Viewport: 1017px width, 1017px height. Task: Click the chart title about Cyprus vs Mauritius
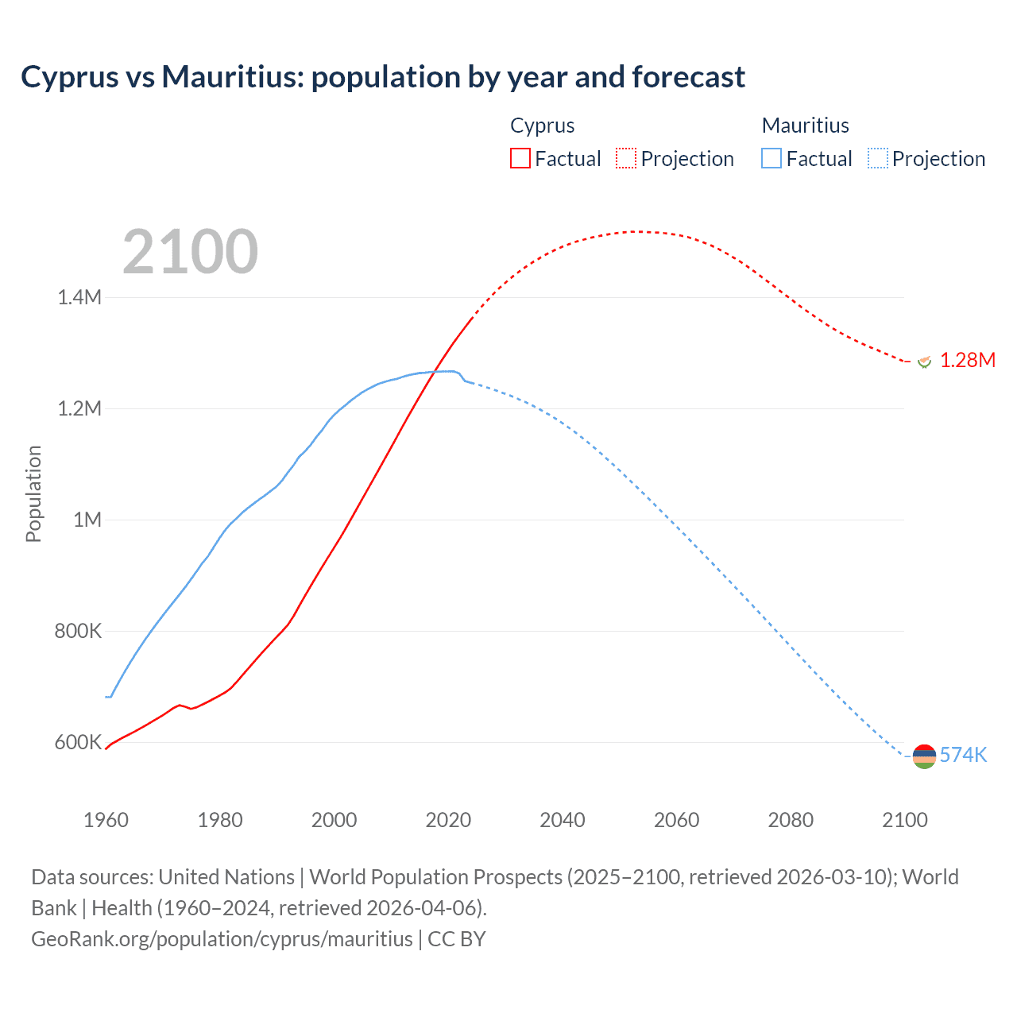coord(383,77)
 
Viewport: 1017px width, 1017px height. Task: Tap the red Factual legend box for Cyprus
coord(520,158)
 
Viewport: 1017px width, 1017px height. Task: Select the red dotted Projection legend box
coord(626,158)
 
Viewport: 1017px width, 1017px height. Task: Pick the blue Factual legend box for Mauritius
coord(771,158)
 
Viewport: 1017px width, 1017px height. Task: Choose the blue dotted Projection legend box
coord(877,158)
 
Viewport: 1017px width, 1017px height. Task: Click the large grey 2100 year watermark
coord(190,252)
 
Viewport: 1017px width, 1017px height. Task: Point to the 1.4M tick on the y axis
coord(79,297)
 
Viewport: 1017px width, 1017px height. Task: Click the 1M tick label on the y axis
coord(87,520)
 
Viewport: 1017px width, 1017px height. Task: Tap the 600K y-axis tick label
coord(78,742)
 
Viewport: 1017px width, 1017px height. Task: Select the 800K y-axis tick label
coord(78,631)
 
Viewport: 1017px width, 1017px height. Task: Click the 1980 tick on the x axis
coord(220,820)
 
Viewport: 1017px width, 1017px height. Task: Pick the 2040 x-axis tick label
coord(563,820)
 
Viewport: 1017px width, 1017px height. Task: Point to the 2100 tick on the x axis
coord(905,820)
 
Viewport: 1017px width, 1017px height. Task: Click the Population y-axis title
coord(33,493)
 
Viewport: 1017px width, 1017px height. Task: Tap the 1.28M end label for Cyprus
coord(968,360)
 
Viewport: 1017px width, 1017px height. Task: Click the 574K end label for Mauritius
coord(963,755)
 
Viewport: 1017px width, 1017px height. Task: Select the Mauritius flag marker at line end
coord(924,757)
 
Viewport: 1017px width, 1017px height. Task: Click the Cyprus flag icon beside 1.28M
coord(924,362)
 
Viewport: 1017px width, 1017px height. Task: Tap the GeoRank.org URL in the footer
coord(222,938)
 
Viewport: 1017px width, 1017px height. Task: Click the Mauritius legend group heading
coord(805,126)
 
